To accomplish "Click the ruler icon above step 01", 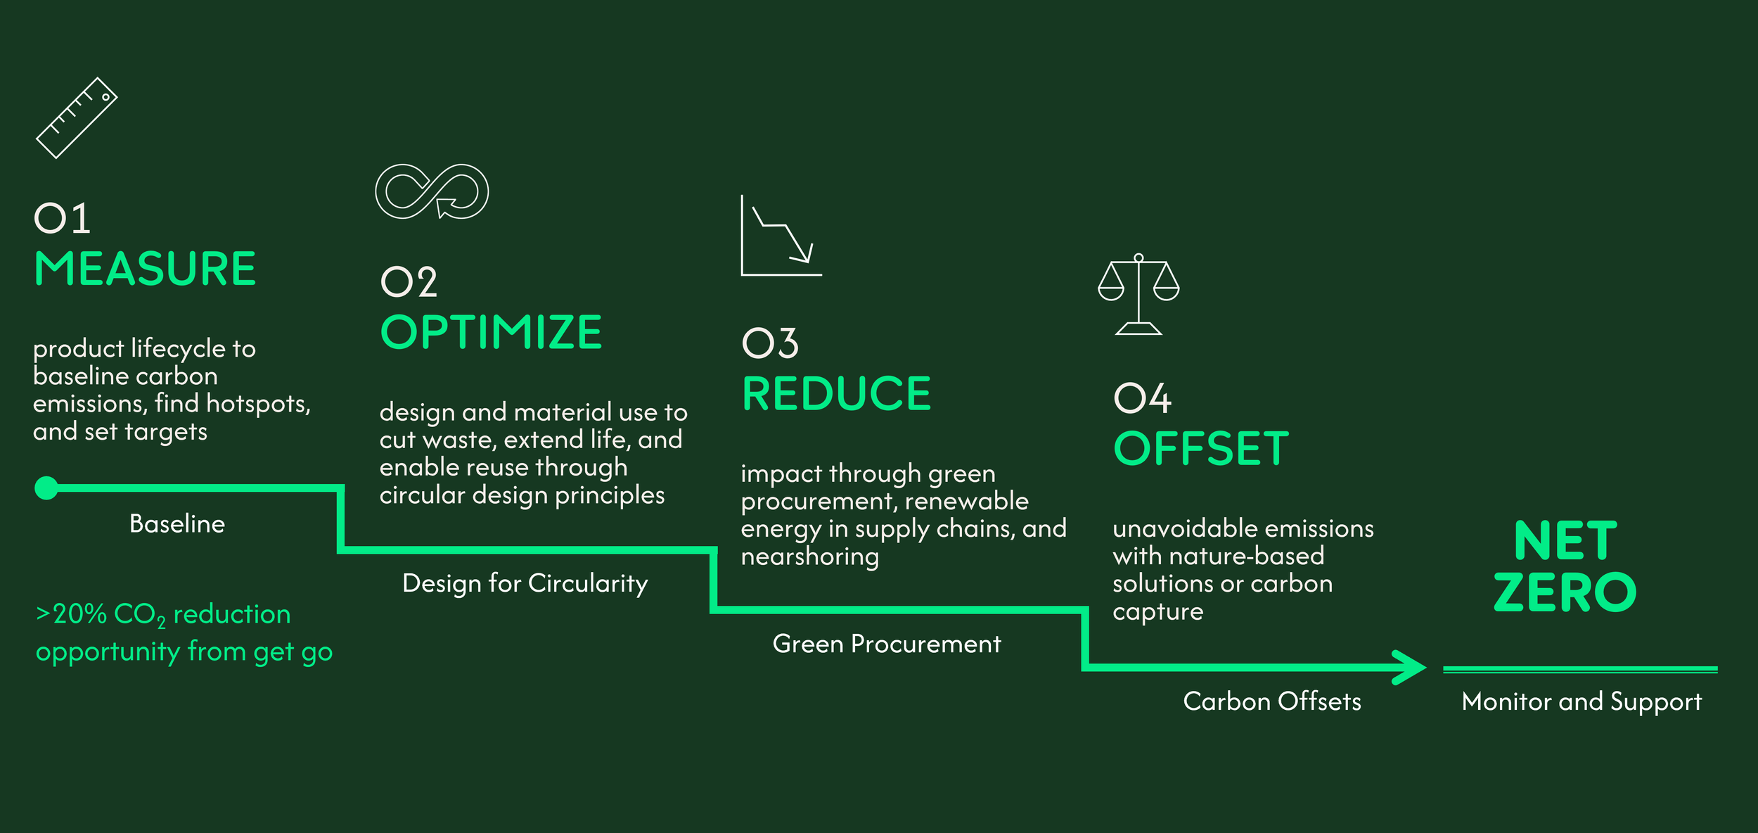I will click(77, 118).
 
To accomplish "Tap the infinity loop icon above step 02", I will click(432, 191).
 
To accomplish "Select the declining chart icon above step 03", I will click(781, 236).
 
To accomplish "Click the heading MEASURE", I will click(146, 269).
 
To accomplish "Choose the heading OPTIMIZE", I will click(491, 332).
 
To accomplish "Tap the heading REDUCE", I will click(837, 393).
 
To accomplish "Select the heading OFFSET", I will click(1201, 449).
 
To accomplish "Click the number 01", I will click(63, 218).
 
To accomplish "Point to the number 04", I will click(1143, 398).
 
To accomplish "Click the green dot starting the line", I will click(46, 488).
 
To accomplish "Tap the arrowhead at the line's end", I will click(1409, 667).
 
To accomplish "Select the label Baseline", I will click(177, 523).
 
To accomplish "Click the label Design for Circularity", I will click(525, 583).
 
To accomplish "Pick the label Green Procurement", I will click(886, 644).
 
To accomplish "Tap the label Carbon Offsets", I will click(1272, 701).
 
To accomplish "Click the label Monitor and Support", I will click(1581, 701).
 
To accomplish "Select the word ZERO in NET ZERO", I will click(1565, 592).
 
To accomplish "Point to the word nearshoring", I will click(809, 557).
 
